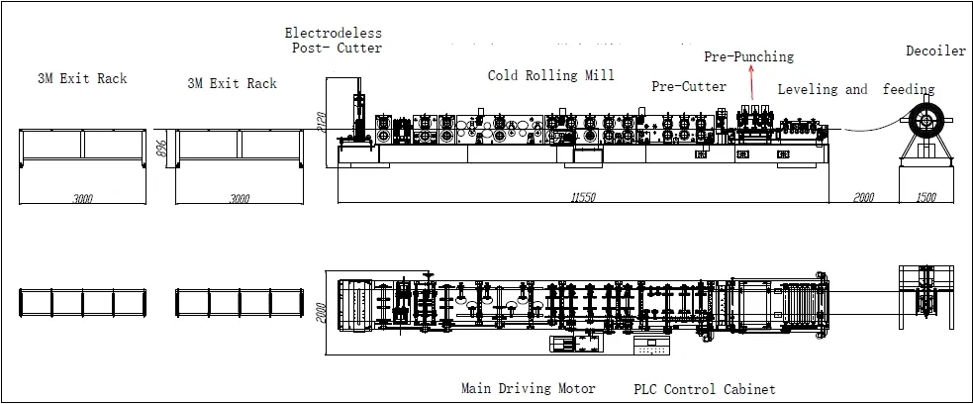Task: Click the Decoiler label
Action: pyautogui.click(x=935, y=51)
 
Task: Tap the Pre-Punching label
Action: pyautogui.click(x=748, y=56)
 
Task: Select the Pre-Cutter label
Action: pyautogui.click(x=688, y=86)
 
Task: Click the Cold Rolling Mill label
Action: pyautogui.click(x=550, y=75)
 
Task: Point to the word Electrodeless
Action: pyautogui.click(x=333, y=32)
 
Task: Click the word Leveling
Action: pyautogui.click(x=808, y=89)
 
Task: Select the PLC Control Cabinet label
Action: pyautogui.click(x=704, y=389)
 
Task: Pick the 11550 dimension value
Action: pyautogui.click(x=584, y=198)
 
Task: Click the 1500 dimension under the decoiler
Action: pyautogui.click(x=924, y=198)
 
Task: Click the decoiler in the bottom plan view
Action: pyautogui.click(x=924, y=298)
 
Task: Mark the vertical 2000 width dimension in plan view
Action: pyautogui.click(x=319, y=313)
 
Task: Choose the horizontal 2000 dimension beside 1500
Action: pyautogui.click(x=863, y=198)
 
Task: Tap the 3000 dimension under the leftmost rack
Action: pyautogui.click(x=83, y=198)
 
